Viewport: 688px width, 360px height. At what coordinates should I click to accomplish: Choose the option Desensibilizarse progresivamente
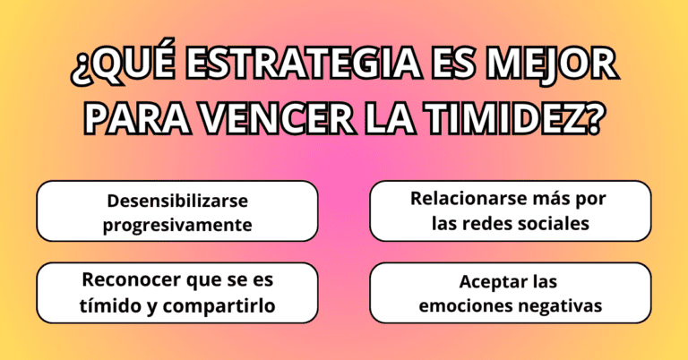(176, 211)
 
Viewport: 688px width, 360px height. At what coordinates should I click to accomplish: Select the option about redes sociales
(510, 211)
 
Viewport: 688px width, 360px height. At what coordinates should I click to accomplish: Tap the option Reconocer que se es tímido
(176, 293)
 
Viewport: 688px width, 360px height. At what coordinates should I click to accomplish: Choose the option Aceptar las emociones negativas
(510, 293)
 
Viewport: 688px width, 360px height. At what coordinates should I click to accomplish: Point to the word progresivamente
(176, 224)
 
